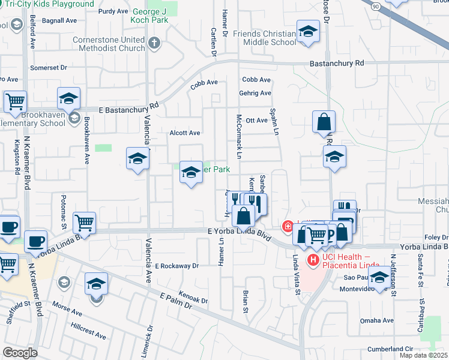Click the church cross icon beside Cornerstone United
[155, 43]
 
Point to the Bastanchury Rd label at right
[337, 63]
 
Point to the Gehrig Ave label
[256, 93]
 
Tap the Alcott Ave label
[185, 133]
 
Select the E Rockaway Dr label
[176, 265]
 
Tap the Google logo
[19, 353]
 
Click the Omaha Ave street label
[376, 320]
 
